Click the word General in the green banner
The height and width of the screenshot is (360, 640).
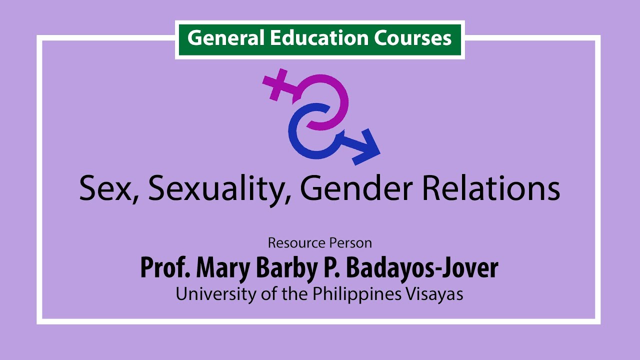coord(225,38)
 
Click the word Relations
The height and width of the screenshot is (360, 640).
coord(491,188)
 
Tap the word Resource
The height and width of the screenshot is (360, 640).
coord(297,243)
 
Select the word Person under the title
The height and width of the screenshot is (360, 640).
coord(350,243)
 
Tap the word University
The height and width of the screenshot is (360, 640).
coord(216,294)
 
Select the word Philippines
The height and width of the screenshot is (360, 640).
coord(357,294)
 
